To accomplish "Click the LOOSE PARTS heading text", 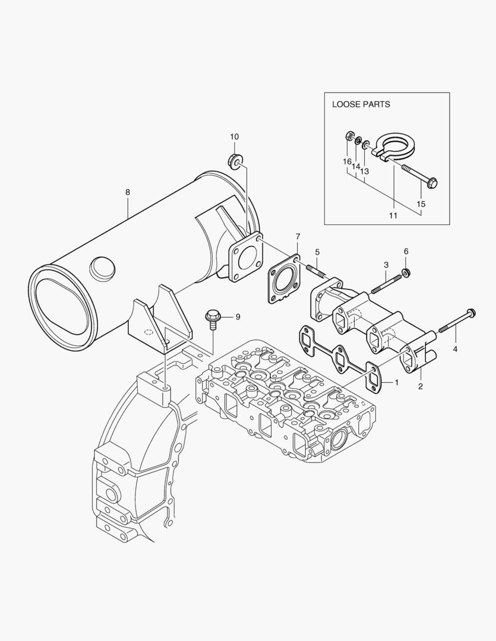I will point(361,104).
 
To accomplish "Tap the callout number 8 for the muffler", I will point(128,192).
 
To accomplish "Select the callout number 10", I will point(233,137).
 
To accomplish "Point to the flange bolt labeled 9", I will point(211,318).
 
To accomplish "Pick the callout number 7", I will point(298,237).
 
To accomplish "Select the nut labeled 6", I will point(406,272).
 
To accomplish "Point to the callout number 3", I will point(386,264).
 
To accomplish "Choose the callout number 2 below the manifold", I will point(420,386).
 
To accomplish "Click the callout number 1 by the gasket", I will point(396,383).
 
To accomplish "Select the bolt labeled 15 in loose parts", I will point(420,176).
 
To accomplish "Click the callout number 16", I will point(346,161).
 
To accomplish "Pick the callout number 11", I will point(393,216).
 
